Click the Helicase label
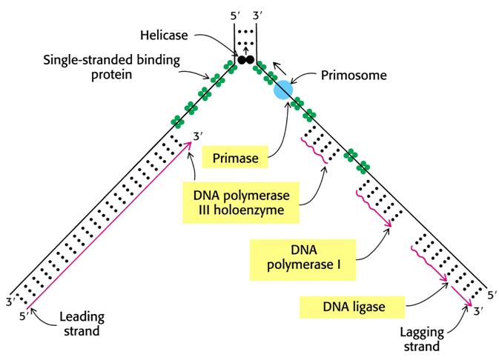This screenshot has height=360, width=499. (x=164, y=35)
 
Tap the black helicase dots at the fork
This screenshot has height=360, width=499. (x=246, y=59)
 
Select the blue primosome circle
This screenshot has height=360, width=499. (x=283, y=90)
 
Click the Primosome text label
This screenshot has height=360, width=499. (x=354, y=75)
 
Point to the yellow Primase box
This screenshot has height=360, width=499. (x=235, y=157)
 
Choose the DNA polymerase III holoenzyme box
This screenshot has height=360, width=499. (x=241, y=202)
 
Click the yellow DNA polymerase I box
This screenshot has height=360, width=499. (x=303, y=260)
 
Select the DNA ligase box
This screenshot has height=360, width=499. (x=352, y=307)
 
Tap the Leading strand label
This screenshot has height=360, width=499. (x=82, y=324)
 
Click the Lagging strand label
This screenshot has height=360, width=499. (x=422, y=339)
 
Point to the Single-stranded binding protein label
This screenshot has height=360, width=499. (x=112, y=67)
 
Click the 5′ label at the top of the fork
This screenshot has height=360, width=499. (x=234, y=16)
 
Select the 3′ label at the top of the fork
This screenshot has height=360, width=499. (x=257, y=16)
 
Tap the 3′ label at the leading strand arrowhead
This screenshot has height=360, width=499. (x=198, y=136)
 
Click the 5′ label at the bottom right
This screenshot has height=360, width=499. (x=492, y=296)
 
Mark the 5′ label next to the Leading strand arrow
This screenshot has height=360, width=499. (x=24, y=316)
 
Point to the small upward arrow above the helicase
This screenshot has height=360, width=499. (x=245, y=50)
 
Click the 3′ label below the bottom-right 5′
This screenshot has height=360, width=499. (x=479, y=310)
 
